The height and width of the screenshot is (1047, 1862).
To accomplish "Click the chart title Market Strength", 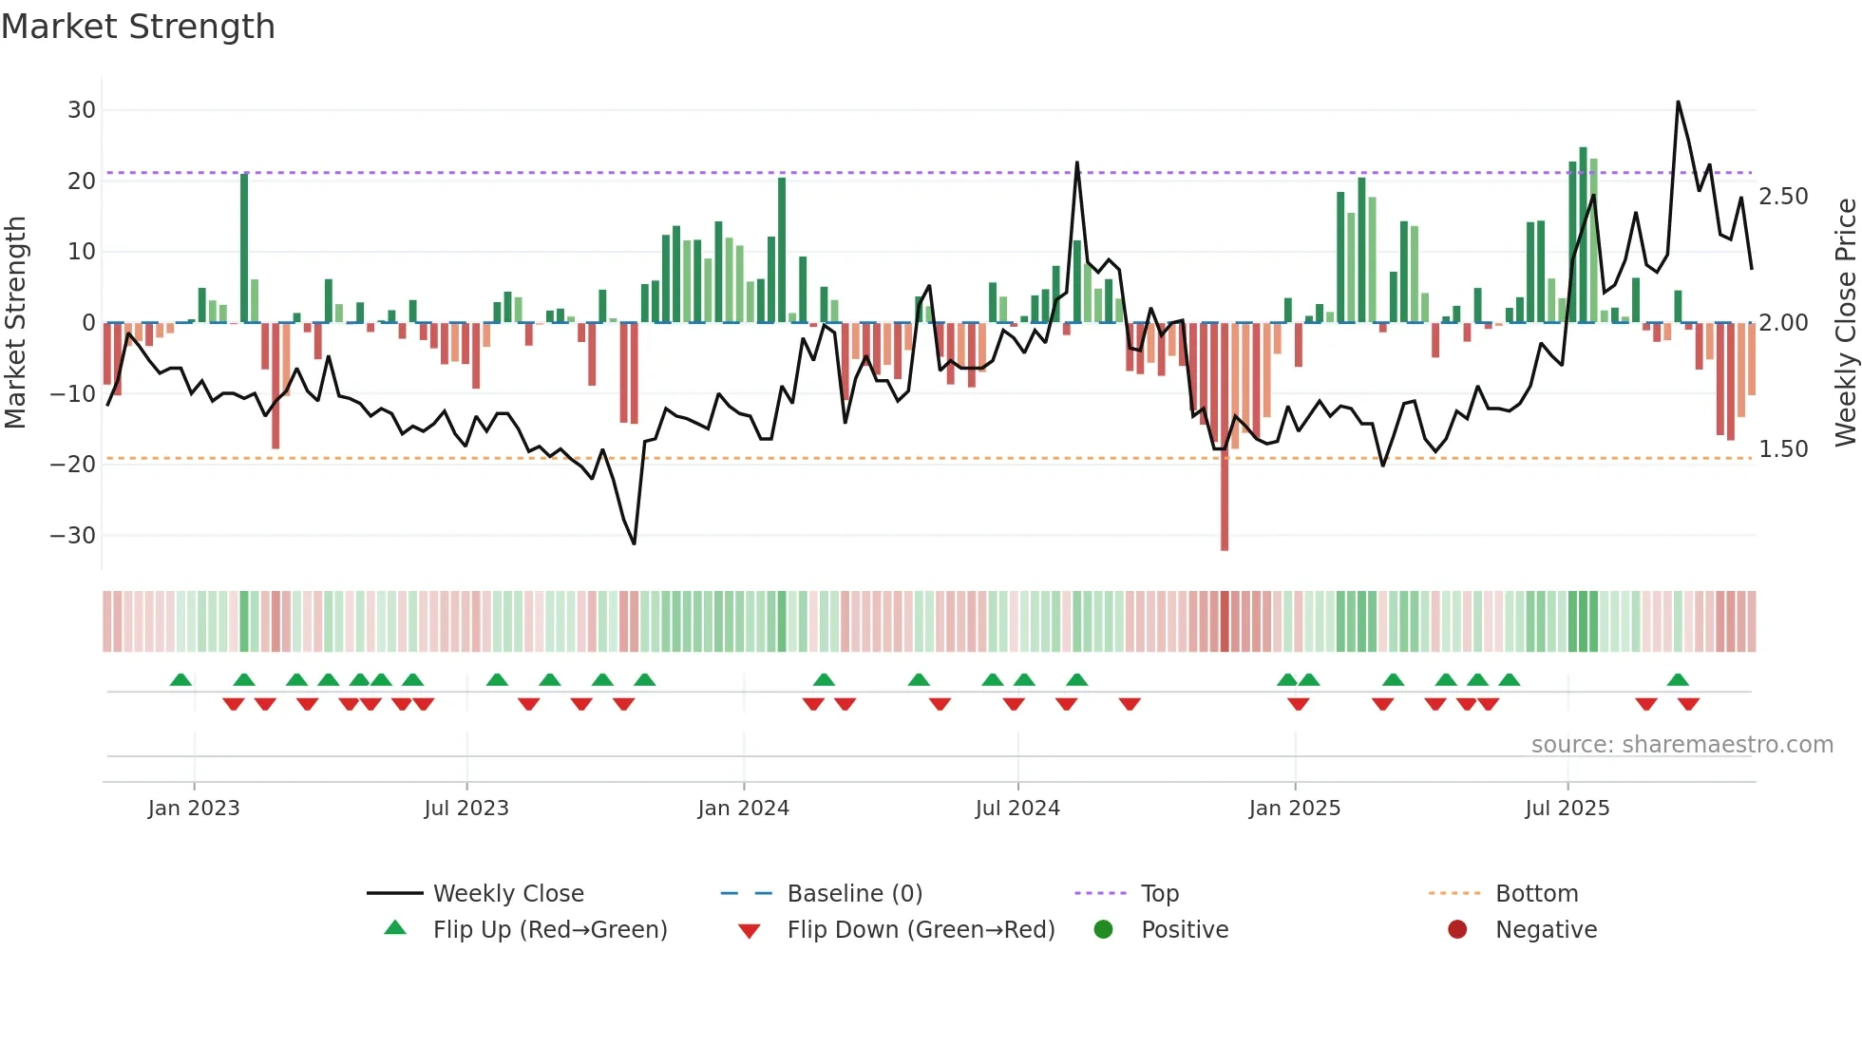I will pyautogui.click(x=138, y=27).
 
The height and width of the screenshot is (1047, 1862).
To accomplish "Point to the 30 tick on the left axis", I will pyautogui.click(x=82, y=110).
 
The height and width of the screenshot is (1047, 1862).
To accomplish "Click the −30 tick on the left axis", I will pyautogui.click(x=73, y=536).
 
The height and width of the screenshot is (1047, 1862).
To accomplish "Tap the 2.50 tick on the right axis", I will pyautogui.click(x=1783, y=197).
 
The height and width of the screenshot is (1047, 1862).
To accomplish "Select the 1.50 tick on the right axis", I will pyautogui.click(x=1783, y=449).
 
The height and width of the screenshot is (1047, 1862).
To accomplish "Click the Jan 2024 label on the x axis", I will pyautogui.click(x=743, y=809).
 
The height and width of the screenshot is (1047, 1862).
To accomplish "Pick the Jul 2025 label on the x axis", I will pyautogui.click(x=1567, y=809).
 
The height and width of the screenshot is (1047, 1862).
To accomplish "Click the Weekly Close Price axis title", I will pyautogui.click(x=1845, y=323).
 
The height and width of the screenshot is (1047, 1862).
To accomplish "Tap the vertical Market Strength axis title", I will pyautogui.click(x=16, y=323).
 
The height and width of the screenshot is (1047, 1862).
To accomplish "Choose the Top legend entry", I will pyautogui.click(x=1159, y=894).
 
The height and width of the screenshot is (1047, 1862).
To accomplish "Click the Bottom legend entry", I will pyautogui.click(x=1536, y=894).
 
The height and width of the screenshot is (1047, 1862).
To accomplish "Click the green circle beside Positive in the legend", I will pyautogui.click(x=1103, y=929).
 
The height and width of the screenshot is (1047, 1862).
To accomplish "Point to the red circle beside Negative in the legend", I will pyautogui.click(x=1457, y=929).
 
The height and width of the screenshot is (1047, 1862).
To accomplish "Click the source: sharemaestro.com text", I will pyautogui.click(x=1681, y=745).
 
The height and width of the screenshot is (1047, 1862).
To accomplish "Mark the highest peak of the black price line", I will pyautogui.click(x=1678, y=103).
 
